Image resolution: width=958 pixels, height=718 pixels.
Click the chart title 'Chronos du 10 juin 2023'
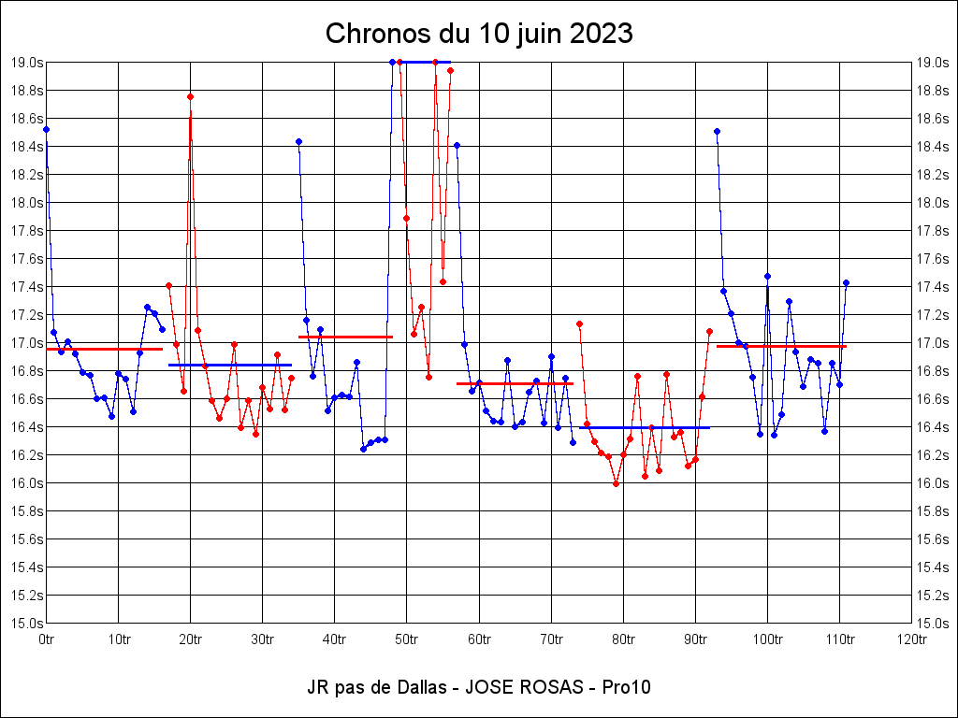point(479,34)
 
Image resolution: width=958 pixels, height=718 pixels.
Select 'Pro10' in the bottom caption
point(627,687)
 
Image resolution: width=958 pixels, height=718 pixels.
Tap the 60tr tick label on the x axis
point(479,639)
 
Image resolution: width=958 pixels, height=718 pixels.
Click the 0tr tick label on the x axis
point(46,639)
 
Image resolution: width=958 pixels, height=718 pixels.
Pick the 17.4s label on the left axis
point(26,287)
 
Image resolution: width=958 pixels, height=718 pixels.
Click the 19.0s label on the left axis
point(26,63)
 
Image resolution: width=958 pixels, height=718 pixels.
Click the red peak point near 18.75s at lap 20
point(190,96)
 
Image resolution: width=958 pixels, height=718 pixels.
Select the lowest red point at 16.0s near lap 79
point(616,483)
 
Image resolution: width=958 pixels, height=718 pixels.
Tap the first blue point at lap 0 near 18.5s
point(46,129)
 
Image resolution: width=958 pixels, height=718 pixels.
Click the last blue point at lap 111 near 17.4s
point(846,282)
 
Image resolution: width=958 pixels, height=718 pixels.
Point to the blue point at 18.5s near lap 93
point(717,131)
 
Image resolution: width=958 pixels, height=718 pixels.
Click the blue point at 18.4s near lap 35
point(298,141)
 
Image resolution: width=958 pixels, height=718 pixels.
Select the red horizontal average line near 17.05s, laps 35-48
point(345,337)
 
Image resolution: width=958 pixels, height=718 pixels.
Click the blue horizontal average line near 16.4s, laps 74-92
point(645,427)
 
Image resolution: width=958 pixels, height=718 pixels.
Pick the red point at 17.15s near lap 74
point(580,323)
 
